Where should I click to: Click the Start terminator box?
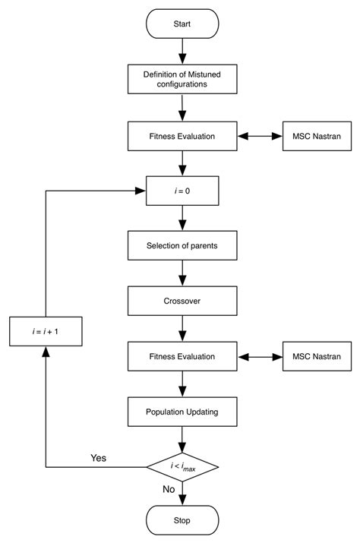tap(182, 24)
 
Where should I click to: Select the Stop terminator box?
tap(182, 521)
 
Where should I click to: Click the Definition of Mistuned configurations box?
tap(182, 80)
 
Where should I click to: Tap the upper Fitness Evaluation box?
tap(182, 137)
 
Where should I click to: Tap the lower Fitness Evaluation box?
tap(182, 356)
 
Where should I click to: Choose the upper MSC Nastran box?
tap(317, 137)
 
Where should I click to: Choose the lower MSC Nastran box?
tap(317, 356)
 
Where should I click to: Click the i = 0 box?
tap(182, 191)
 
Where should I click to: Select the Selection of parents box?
tap(182, 246)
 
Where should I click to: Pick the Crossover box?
tap(182, 301)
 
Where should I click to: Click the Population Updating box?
tap(182, 412)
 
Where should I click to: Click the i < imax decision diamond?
tap(182, 466)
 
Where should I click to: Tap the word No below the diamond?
tap(169, 490)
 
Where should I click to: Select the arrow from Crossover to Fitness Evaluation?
tap(182, 328)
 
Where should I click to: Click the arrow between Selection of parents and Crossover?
tap(182, 273)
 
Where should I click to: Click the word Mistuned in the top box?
tap(200, 74)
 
